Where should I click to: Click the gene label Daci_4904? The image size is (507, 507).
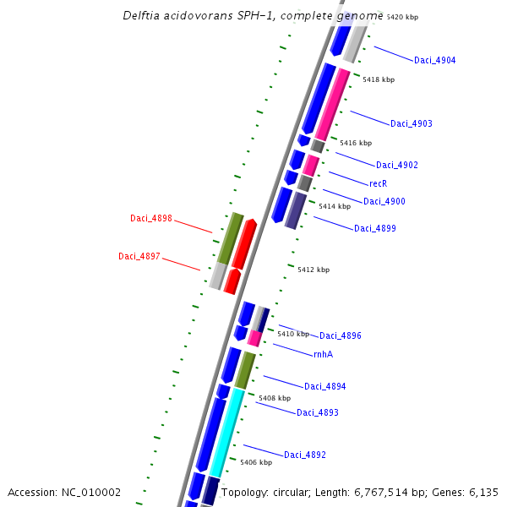(434, 61)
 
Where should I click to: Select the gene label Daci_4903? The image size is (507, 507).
(411, 124)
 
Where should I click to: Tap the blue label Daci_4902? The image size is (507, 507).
(396, 165)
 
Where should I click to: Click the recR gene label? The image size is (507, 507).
(378, 183)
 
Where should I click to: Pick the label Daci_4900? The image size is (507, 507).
(384, 201)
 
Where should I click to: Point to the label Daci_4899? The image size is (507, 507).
(374, 228)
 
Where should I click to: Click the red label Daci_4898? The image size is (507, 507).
(151, 218)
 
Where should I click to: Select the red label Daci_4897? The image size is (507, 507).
(139, 256)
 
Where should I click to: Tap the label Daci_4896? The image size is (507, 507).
(340, 335)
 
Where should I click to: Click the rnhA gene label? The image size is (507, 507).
(323, 354)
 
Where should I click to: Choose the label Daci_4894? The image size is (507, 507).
(324, 386)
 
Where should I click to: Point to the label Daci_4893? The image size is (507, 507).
(317, 412)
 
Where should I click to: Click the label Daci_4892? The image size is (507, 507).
(304, 455)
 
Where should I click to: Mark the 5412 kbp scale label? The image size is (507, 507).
(313, 270)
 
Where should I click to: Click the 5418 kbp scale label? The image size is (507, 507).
(378, 79)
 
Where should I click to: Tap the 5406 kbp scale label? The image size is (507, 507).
(256, 462)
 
